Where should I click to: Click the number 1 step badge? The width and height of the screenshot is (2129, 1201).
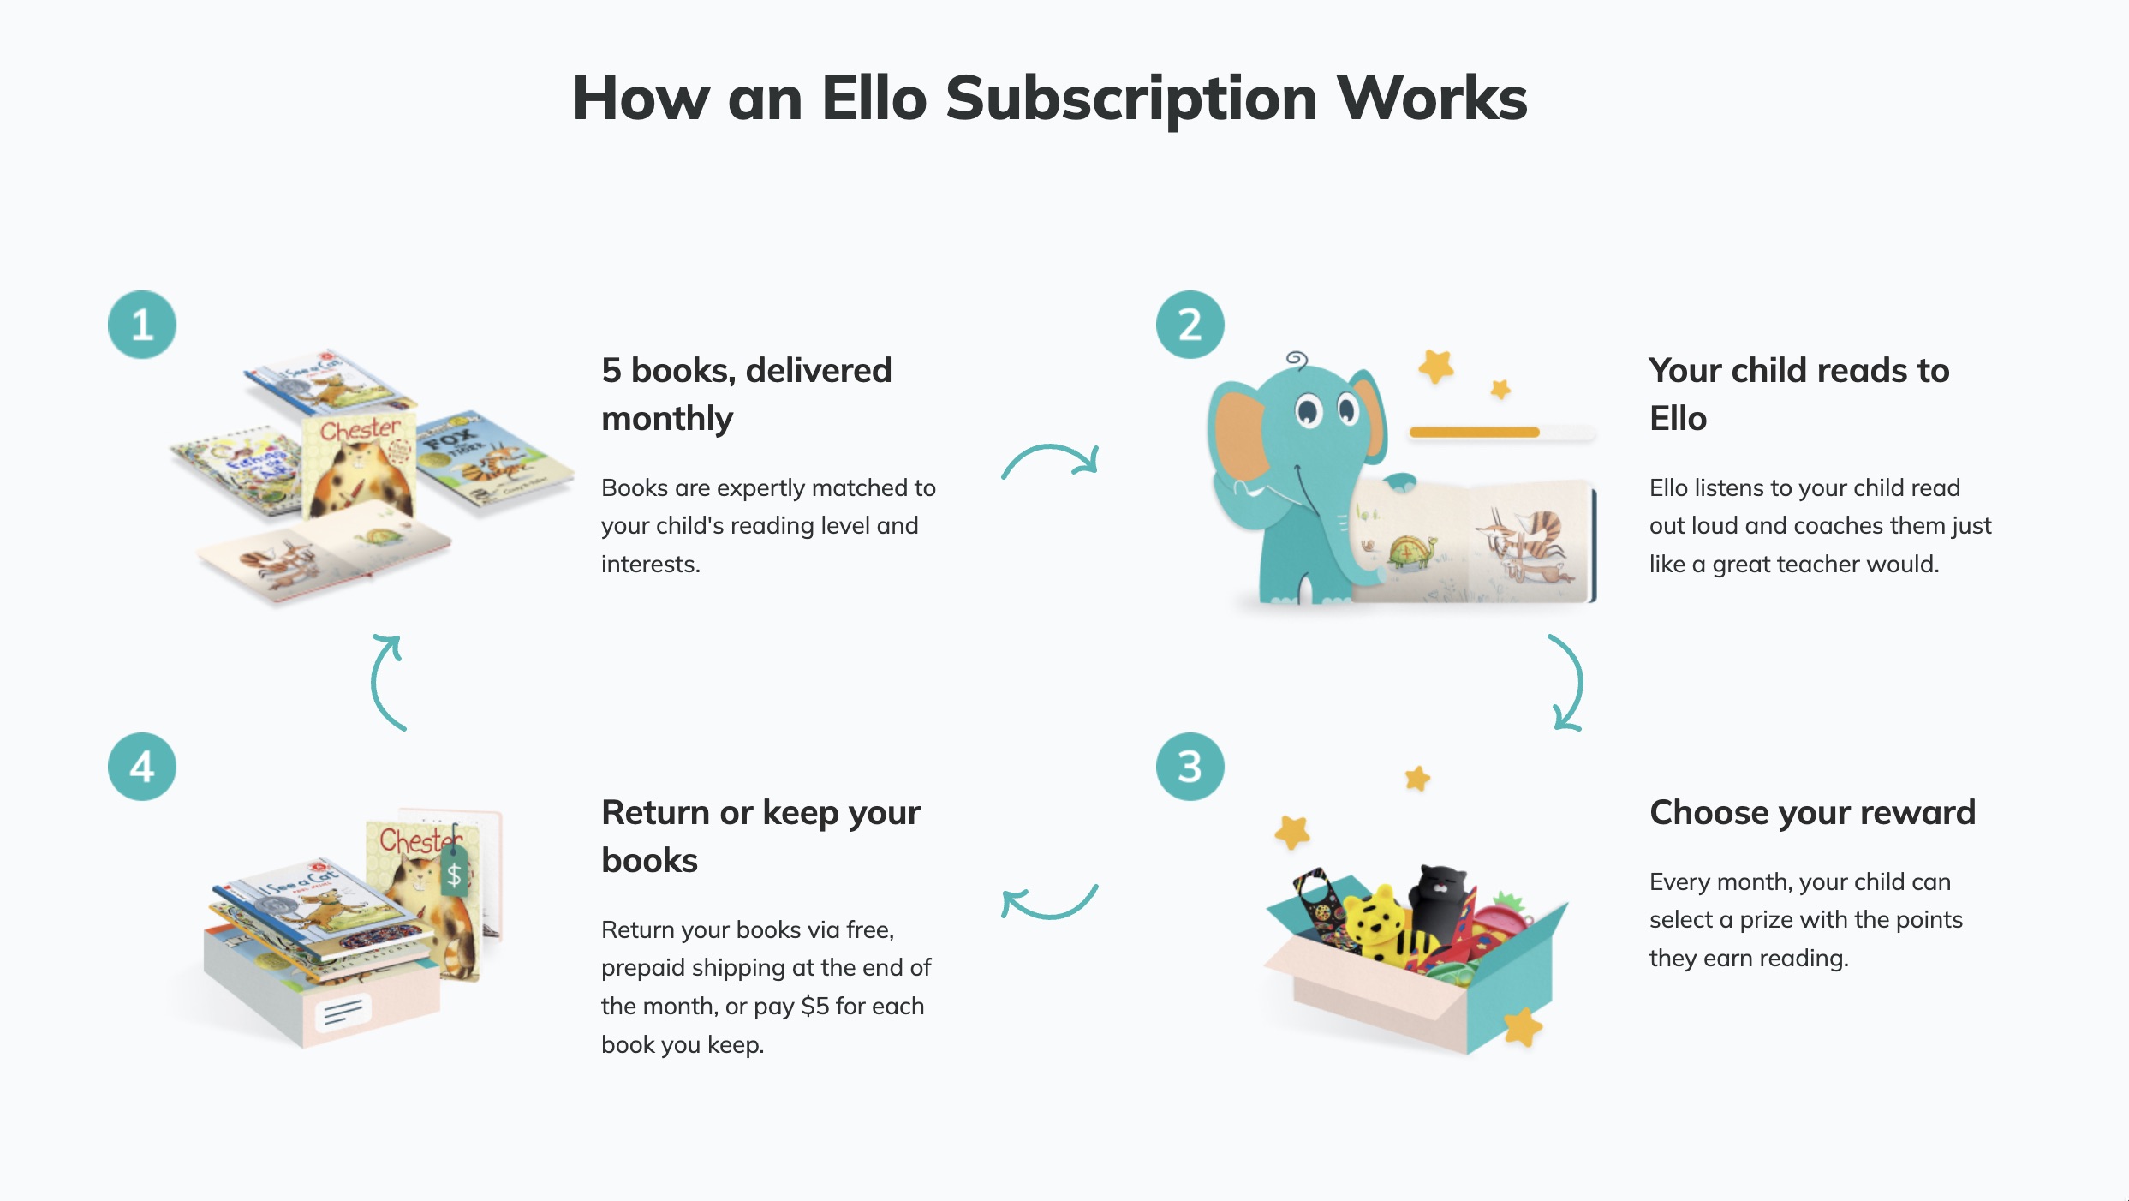[x=142, y=325]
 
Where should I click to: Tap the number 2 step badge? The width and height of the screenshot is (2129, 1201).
[x=1190, y=325]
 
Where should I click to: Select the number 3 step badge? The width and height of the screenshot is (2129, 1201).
[x=1190, y=767]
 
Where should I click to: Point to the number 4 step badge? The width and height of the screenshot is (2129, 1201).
[x=142, y=767]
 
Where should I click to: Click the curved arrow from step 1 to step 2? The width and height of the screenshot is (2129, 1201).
[x=1051, y=460]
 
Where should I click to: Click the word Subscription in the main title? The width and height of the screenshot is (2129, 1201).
[x=1130, y=99]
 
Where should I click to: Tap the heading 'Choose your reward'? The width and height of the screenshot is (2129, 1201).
[x=1812, y=812]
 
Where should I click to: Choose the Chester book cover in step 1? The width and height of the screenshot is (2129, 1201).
[x=360, y=467]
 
